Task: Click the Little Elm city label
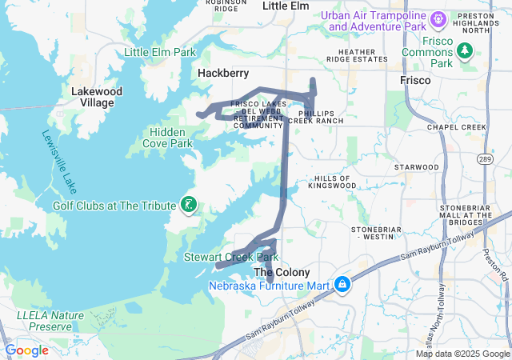(x=286, y=6)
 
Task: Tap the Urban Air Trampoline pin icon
(x=438, y=18)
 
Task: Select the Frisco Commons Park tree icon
(x=464, y=51)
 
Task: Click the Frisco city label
(x=415, y=81)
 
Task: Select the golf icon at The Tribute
(x=188, y=206)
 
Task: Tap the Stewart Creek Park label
(x=231, y=258)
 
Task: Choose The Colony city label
(x=281, y=272)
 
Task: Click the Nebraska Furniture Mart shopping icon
(x=342, y=285)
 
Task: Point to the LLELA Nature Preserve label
(x=50, y=321)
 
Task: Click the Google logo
(x=26, y=350)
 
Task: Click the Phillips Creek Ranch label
(x=321, y=117)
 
